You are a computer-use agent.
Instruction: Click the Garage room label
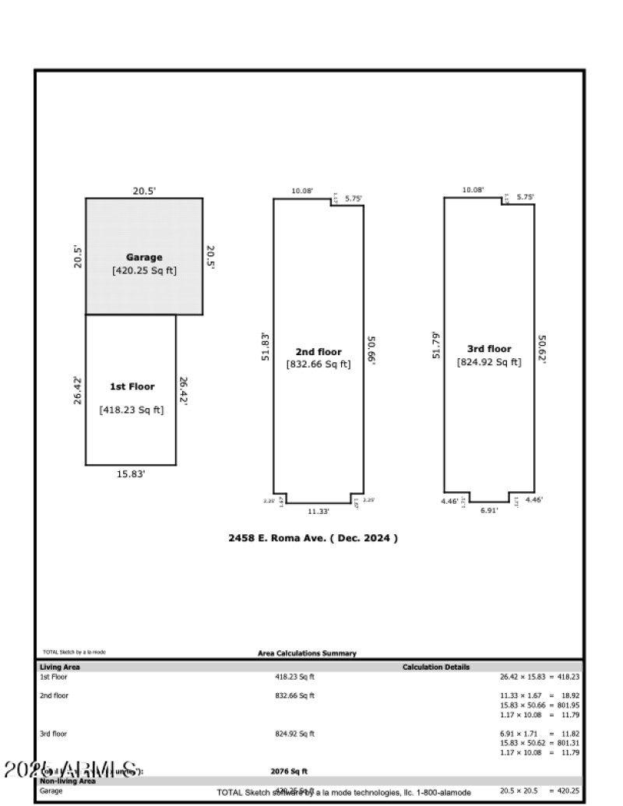(x=144, y=257)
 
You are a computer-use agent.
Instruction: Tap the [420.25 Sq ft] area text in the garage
(x=144, y=271)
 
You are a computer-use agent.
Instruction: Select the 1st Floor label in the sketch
(x=132, y=386)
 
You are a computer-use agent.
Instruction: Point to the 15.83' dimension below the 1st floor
(x=130, y=473)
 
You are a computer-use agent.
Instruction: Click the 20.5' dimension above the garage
(x=144, y=190)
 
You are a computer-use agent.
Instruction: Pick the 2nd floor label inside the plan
(x=319, y=351)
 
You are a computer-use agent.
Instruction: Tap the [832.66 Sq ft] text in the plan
(x=319, y=364)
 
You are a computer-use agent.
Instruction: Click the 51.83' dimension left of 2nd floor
(x=266, y=346)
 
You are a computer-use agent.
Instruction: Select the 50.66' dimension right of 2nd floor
(x=371, y=350)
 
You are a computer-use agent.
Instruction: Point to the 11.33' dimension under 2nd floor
(x=318, y=512)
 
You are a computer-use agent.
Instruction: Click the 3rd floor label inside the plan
(x=489, y=349)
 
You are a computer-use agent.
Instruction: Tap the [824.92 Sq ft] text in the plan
(x=489, y=361)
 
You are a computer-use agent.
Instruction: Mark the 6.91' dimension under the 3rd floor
(x=488, y=510)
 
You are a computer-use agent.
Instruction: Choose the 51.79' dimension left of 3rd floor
(x=437, y=346)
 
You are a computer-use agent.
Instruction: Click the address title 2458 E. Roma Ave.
(x=312, y=538)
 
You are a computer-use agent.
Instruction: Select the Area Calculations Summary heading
(x=307, y=653)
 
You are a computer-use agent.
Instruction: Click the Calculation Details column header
(x=435, y=667)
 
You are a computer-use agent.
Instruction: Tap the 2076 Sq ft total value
(x=289, y=771)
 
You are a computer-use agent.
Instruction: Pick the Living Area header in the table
(x=60, y=667)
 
